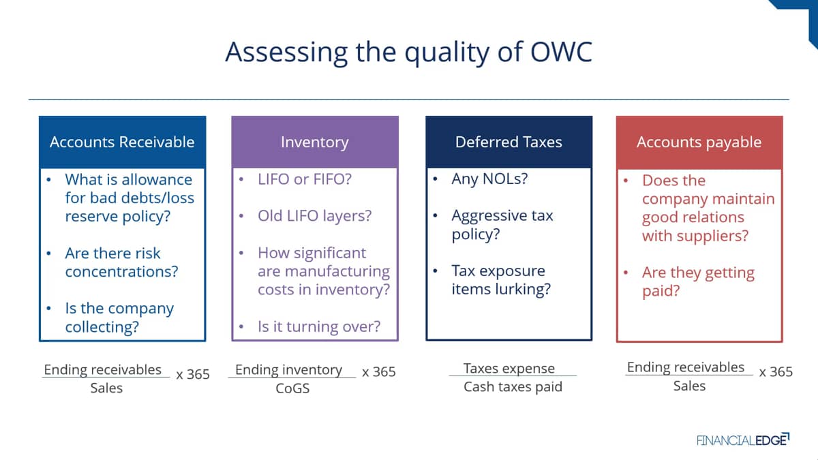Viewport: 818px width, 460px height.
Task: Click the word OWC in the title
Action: coord(561,52)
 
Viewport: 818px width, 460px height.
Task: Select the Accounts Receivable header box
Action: coord(122,142)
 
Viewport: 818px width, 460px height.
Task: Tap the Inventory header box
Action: coord(315,142)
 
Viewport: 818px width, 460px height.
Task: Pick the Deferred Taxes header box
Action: coord(509,142)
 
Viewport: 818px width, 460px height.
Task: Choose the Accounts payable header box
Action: coord(699,142)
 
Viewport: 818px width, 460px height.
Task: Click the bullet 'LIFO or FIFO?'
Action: coord(305,179)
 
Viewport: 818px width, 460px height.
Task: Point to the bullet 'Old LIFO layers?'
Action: coord(314,216)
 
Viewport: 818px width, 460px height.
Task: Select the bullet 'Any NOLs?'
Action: coord(489,179)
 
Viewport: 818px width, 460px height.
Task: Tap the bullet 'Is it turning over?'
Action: coord(319,326)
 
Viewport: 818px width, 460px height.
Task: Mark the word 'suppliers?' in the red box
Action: coord(714,236)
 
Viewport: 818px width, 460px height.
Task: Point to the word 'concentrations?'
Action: coord(121,272)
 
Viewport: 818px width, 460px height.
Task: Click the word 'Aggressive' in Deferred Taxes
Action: coord(489,216)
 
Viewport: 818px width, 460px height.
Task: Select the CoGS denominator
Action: coord(292,388)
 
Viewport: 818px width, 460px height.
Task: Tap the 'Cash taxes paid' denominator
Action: coord(513,386)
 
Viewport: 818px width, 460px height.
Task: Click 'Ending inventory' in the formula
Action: coord(288,370)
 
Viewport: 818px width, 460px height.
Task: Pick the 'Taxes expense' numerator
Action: coord(509,369)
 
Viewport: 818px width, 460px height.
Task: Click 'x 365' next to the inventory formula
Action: coord(379,371)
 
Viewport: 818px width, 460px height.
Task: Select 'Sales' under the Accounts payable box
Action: coord(689,386)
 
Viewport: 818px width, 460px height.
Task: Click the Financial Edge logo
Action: coord(743,440)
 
